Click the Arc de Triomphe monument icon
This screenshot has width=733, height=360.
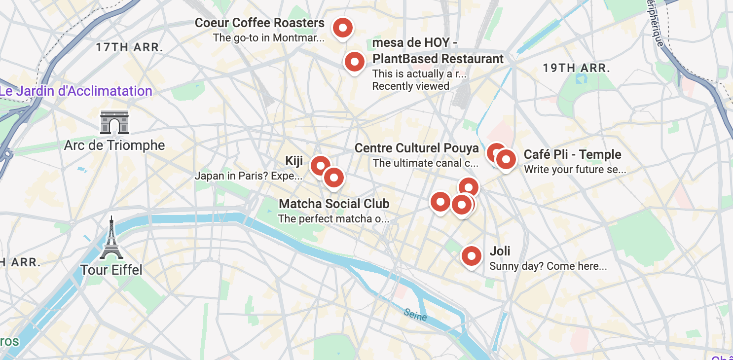click(x=114, y=122)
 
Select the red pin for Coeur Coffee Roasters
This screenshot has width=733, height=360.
click(x=342, y=28)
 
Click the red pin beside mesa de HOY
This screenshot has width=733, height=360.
click(x=354, y=62)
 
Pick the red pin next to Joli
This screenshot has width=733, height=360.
click(x=471, y=256)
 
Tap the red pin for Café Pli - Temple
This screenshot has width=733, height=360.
click(x=506, y=159)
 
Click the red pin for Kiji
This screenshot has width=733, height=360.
click(x=320, y=165)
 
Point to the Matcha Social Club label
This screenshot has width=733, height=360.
click(x=334, y=204)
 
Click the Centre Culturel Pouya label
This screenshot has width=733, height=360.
click(x=417, y=148)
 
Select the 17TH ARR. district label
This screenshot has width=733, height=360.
click(x=129, y=48)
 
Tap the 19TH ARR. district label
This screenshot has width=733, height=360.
click(x=577, y=68)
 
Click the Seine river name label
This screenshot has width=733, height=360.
click(x=414, y=314)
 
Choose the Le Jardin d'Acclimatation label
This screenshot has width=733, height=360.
click(x=76, y=91)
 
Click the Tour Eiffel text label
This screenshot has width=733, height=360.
click(x=111, y=270)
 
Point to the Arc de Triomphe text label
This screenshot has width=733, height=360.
click(x=114, y=145)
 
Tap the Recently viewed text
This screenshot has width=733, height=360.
click(x=410, y=86)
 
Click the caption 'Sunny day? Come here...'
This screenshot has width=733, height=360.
click(x=548, y=266)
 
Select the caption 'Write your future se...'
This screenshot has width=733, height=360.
click(x=575, y=170)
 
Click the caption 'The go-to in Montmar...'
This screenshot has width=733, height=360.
click(x=269, y=37)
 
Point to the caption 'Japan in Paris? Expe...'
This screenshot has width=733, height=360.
click(x=249, y=176)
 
